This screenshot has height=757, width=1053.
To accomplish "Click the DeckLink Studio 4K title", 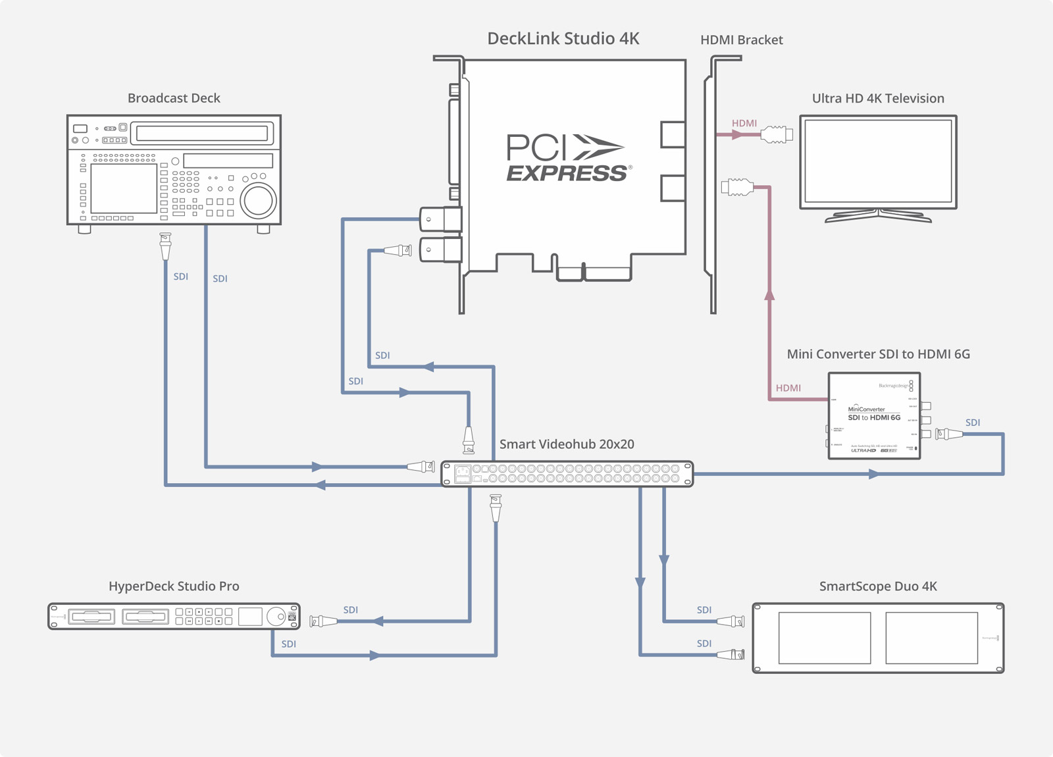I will coord(563,39).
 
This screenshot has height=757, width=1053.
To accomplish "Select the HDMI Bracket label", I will coord(741,40).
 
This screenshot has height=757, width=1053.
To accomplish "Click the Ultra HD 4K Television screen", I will coord(878,161).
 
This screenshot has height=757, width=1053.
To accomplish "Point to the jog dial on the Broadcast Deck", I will coord(257,201).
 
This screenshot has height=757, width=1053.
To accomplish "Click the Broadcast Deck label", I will coord(174,98).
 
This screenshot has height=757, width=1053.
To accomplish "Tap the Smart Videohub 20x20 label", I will coord(567,444).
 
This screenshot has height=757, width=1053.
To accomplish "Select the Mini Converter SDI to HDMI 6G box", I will coord(874,416).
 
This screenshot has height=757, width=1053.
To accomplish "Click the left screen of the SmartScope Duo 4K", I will coord(824,638).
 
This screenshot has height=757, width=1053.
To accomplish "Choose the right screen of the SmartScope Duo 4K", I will coord(931,638).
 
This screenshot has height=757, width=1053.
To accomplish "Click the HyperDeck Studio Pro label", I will coord(174,587).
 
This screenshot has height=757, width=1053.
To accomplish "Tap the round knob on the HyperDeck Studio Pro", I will coord(278,617).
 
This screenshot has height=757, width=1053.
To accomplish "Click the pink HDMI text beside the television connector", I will coord(744,123).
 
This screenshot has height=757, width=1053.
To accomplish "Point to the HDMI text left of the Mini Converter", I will coord(788,388).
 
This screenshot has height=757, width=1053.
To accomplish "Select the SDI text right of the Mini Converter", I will coord(972,423).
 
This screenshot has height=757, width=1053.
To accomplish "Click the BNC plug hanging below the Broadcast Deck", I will coord(165,247).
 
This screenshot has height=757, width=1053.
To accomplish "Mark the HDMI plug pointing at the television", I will coord(777,134).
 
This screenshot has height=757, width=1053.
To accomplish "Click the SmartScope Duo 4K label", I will coord(878,587).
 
